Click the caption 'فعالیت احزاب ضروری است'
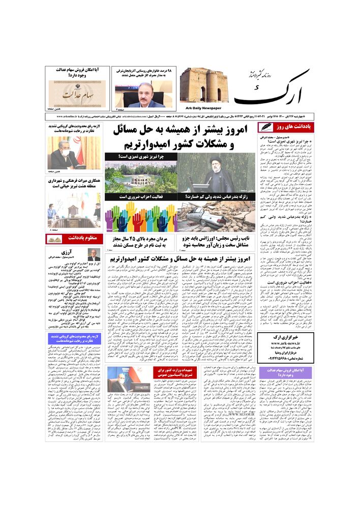pos(141,196)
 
